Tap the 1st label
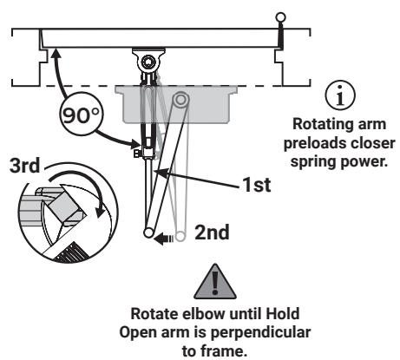coord(257,185)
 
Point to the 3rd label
coord(25,166)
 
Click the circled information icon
coord(340,95)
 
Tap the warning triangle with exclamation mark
coord(215,282)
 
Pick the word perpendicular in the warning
coord(260,332)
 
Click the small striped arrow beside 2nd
coord(163,239)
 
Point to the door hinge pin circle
coord(280,17)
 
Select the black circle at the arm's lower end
coord(149,232)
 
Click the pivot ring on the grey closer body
coord(180,99)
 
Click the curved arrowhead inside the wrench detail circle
coord(101,211)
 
